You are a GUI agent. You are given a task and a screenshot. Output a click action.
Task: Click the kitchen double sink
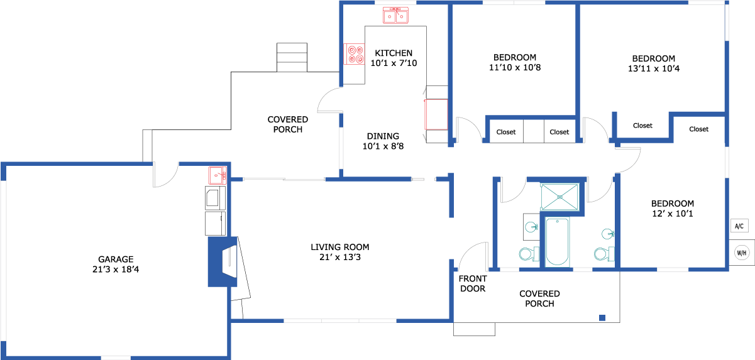pyautogui.click(x=395, y=16)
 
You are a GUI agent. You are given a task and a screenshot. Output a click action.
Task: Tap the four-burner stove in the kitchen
pyautogui.click(x=354, y=54)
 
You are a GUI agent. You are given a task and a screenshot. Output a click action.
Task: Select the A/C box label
pyautogui.click(x=739, y=226)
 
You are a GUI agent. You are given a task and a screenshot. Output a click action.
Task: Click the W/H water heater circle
pyautogui.click(x=742, y=253)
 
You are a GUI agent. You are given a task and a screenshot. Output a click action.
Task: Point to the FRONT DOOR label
pyautogui.click(x=473, y=283)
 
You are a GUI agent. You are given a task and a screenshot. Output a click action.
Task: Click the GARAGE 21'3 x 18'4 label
pyautogui.click(x=116, y=264)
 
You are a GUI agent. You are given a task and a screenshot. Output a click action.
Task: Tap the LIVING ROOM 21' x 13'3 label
pyautogui.click(x=339, y=252)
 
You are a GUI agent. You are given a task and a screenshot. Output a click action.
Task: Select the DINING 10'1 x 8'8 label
pyautogui.click(x=383, y=141)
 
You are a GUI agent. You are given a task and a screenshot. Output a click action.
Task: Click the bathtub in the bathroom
pyautogui.click(x=557, y=242)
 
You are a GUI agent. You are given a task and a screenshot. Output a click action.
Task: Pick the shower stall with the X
pyautogui.click(x=560, y=197)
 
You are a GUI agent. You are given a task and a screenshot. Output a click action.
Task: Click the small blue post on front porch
pyautogui.click(x=602, y=317)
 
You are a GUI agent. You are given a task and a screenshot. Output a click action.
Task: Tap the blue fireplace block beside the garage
pyautogui.click(x=223, y=262)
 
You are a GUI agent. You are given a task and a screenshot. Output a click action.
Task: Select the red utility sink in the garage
pyautogui.click(x=218, y=175)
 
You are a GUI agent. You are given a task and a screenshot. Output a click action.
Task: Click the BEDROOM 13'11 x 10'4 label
pyautogui.click(x=654, y=63)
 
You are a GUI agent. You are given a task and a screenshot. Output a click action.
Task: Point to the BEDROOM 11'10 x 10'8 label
pyautogui.click(x=515, y=62)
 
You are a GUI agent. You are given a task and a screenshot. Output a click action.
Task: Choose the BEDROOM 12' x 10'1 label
pyautogui.click(x=673, y=209)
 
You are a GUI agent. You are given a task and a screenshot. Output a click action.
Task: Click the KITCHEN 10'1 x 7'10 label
pyautogui.click(x=394, y=58)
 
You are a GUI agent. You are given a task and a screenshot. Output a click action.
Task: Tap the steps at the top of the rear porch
pyautogui.click(x=292, y=57)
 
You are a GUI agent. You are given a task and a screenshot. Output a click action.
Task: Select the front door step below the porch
pyautogui.click(x=474, y=329)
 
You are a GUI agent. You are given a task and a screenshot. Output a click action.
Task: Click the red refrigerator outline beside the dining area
pyautogui.click(x=436, y=114)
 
